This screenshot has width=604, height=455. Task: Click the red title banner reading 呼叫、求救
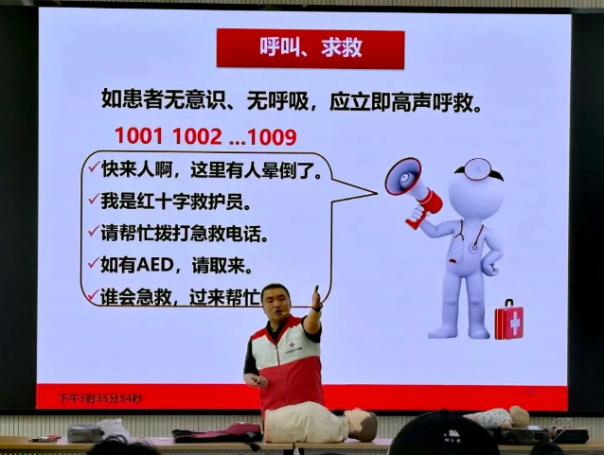311,48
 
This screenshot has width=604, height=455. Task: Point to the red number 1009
269,135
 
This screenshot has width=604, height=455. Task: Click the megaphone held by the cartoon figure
411,185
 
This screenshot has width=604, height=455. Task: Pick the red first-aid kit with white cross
508,320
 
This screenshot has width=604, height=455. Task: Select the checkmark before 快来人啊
93,168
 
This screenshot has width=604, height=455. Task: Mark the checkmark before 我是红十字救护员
93,200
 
